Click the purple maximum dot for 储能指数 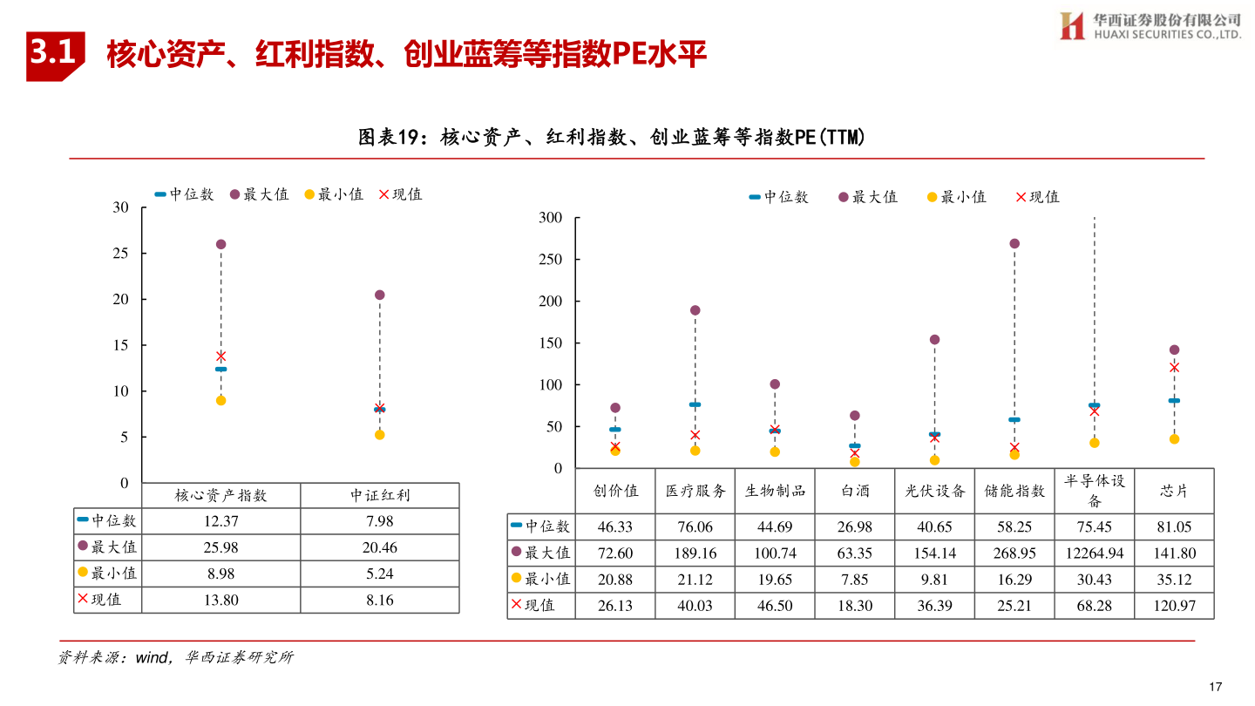1014,244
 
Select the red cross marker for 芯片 1174,367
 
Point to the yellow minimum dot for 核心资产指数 220,400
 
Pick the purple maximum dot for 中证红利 379,295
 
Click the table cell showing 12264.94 1094,553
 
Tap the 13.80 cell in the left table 220,600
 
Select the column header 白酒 855,491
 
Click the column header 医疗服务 695,491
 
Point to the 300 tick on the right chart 551,217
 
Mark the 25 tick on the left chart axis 121,254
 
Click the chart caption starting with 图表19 611,138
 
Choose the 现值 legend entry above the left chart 400,194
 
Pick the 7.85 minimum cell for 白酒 855,579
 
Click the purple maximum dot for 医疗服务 695,310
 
